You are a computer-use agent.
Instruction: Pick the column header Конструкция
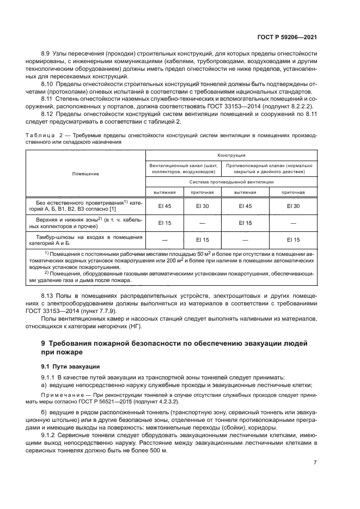[231, 155]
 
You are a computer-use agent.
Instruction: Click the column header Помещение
[86, 174]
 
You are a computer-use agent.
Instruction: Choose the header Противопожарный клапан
[270, 165]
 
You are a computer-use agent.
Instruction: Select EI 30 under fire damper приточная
[293, 205]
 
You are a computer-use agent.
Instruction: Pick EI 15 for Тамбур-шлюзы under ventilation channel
[202, 240]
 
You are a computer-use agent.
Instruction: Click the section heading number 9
[44, 344]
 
